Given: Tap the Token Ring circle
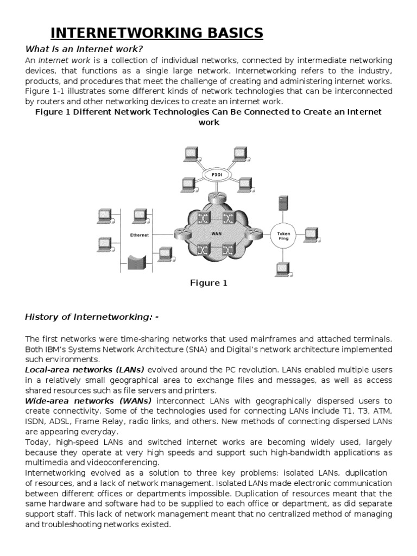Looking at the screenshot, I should pos(285,236).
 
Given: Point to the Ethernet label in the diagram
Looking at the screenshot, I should pos(139,235).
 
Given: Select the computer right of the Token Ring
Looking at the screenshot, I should pos(311,234).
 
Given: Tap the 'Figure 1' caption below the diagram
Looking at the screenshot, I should pos(208,283).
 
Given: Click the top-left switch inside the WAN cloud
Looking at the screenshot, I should pos(204,218).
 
